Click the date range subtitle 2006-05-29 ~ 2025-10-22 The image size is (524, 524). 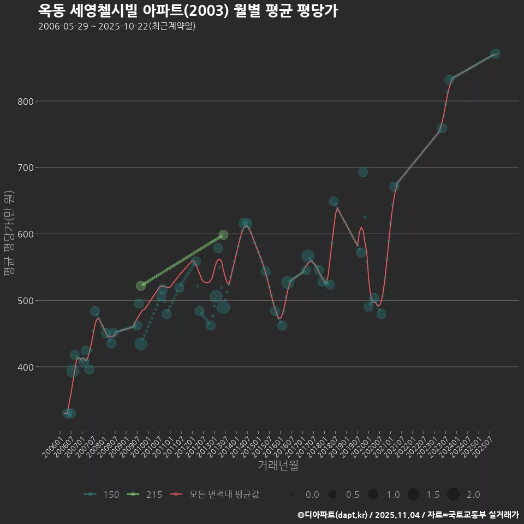point(117,26)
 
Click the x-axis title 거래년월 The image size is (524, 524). point(278,466)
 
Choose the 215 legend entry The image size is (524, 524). point(144,495)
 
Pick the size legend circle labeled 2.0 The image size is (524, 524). point(453,495)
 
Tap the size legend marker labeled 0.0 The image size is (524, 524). point(293,495)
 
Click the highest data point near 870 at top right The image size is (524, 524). point(495,53)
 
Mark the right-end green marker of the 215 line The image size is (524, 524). point(223,235)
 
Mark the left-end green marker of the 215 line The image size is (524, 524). point(141,285)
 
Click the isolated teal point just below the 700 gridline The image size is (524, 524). point(363,172)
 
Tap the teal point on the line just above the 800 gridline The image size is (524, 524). point(449,80)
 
